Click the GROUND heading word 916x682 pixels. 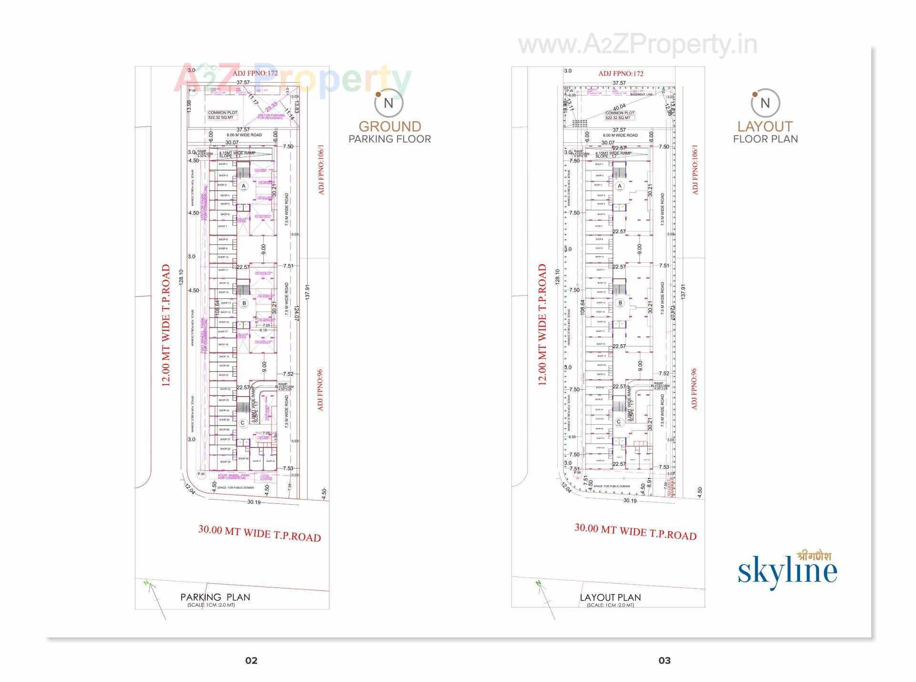pos(390,127)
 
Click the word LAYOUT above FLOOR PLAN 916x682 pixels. pos(765,127)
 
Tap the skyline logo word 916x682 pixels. pos(787,572)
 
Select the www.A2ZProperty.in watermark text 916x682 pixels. pos(637,45)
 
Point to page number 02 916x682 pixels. pos(251,661)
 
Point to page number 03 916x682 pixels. pos(664,661)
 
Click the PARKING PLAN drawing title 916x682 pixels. pos(215,597)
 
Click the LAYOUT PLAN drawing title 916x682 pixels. pos(610,597)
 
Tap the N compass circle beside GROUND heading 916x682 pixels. pos(388,103)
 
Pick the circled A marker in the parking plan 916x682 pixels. pos(243,186)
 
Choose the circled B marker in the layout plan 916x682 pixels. pos(620,302)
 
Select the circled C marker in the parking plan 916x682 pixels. pos(243,423)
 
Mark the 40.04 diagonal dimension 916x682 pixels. pos(619,107)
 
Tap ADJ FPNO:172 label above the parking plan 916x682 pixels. pos(255,74)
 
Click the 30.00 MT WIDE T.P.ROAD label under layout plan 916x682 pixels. pos(635,532)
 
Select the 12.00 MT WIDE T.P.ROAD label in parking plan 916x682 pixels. pos(166,325)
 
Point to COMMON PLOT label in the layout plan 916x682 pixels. pos(620,113)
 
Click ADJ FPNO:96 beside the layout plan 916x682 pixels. pos(694,389)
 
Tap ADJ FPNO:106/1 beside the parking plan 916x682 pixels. pos(321,170)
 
